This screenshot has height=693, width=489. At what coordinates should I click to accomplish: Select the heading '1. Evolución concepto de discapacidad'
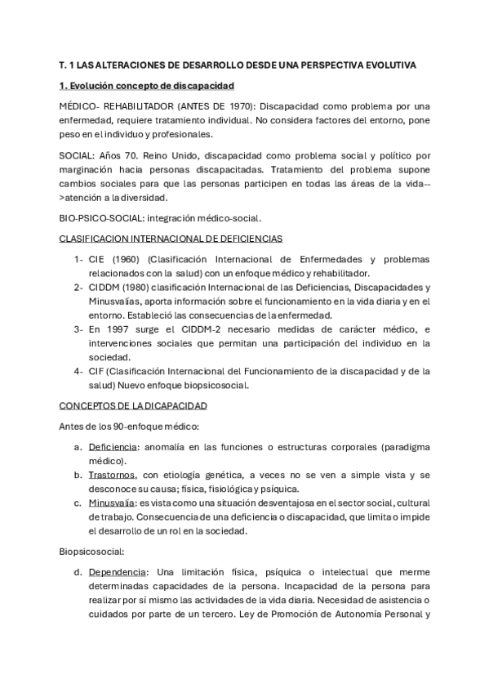click(147, 85)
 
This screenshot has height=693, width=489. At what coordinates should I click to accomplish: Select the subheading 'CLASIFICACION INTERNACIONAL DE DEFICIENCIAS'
click(171, 238)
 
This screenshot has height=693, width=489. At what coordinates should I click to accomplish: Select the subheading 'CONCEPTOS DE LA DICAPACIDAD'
click(133, 405)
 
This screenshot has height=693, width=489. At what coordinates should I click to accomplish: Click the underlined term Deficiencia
click(113, 446)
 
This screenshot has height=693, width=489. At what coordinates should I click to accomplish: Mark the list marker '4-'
click(78, 370)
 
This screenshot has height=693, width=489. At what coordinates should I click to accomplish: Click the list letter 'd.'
click(78, 571)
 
